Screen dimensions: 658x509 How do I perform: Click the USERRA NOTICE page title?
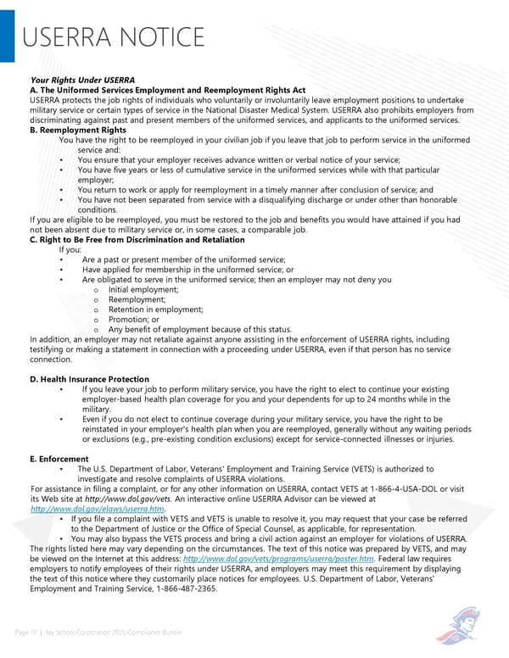point(113,38)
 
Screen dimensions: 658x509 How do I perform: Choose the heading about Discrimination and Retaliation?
point(137,240)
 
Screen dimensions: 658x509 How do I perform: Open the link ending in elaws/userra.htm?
point(97,509)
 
